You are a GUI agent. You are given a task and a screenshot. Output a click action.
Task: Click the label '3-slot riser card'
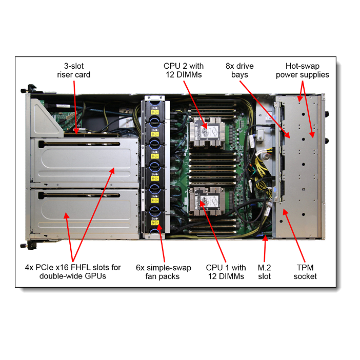[74, 70]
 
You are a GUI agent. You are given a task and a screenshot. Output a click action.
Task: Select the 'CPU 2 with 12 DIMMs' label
[184, 70]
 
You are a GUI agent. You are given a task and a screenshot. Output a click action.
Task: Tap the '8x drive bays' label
[239, 70]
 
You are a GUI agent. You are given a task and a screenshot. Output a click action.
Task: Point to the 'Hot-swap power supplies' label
[302, 70]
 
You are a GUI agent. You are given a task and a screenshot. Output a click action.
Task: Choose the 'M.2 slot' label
[265, 272]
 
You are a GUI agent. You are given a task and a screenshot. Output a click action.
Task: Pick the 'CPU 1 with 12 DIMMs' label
[226, 272]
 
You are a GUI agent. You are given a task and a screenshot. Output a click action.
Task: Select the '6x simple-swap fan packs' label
[163, 272]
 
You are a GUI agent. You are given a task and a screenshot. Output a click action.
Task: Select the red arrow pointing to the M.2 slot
[265, 250]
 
